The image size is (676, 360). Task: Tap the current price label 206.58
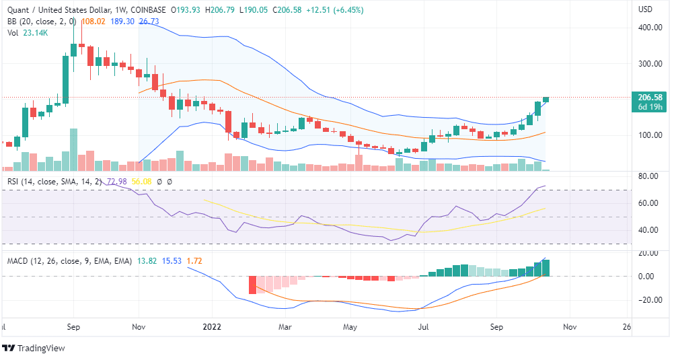650,98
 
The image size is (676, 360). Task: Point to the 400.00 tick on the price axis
650,28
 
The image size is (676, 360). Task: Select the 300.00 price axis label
650,64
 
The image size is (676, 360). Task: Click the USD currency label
645,9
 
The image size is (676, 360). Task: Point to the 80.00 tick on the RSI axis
648,176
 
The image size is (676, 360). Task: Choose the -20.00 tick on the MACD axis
648,300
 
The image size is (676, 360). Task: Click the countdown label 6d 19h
650,107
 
